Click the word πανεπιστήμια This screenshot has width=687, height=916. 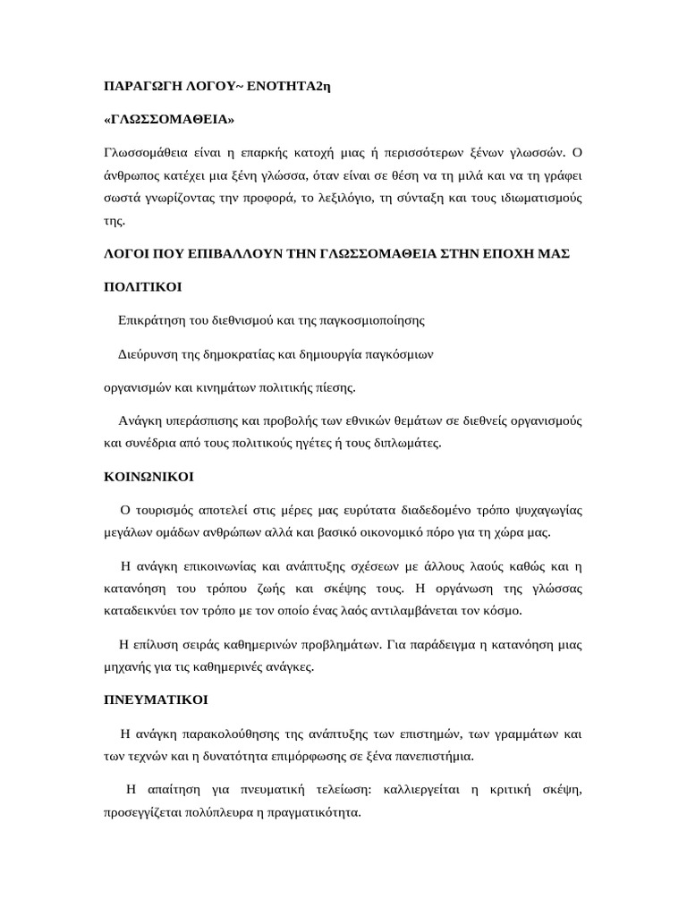coord(432,756)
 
